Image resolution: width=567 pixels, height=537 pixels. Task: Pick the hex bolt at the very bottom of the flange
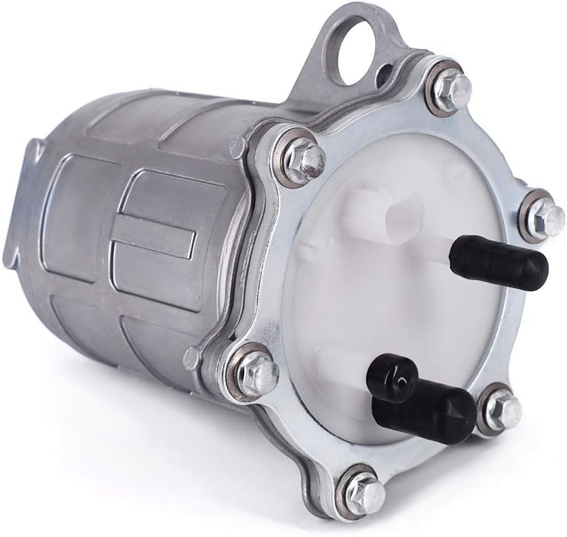(x=361, y=489)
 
